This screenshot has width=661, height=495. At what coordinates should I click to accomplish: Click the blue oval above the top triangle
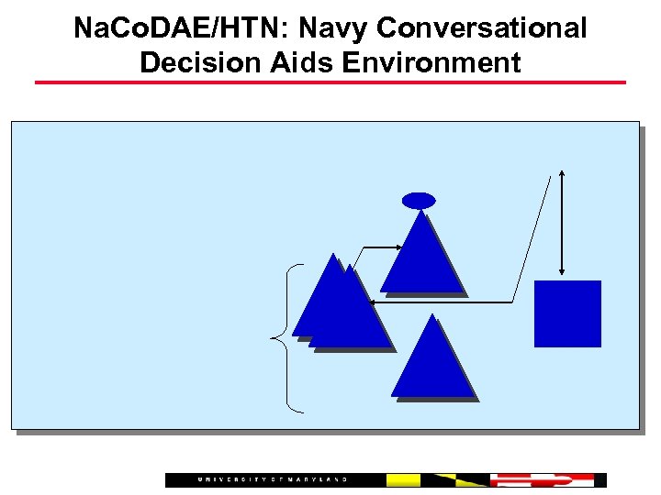click(419, 201)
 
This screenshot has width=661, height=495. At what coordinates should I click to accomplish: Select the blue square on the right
click(567, 313)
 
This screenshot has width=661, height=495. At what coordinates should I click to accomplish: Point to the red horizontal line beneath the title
click(330, 82)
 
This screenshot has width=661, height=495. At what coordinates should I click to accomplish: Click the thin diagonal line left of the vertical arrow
click(532, 238)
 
